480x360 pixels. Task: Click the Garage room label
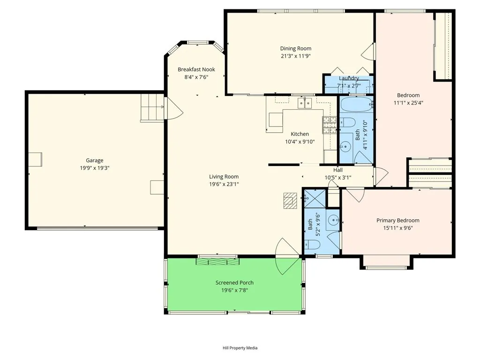94,160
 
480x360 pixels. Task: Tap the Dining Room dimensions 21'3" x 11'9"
295,56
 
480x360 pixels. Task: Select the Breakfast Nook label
196,69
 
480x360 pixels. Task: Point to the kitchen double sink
305,103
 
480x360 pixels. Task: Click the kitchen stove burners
330,125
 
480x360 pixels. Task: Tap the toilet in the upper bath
347,122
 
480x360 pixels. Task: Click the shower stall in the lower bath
315,198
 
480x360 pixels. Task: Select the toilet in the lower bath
312,245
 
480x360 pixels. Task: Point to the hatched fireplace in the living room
290,201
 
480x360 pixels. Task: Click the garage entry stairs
152,108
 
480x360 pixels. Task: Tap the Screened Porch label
234,283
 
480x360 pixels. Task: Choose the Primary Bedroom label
398,220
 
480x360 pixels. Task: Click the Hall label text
338,170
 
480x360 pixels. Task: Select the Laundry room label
349,78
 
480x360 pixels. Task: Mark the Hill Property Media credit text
240,348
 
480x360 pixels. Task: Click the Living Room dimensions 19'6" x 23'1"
224,184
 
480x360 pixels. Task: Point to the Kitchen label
300,134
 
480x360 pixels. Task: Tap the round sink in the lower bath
333,220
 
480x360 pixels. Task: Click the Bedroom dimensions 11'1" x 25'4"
408,103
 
